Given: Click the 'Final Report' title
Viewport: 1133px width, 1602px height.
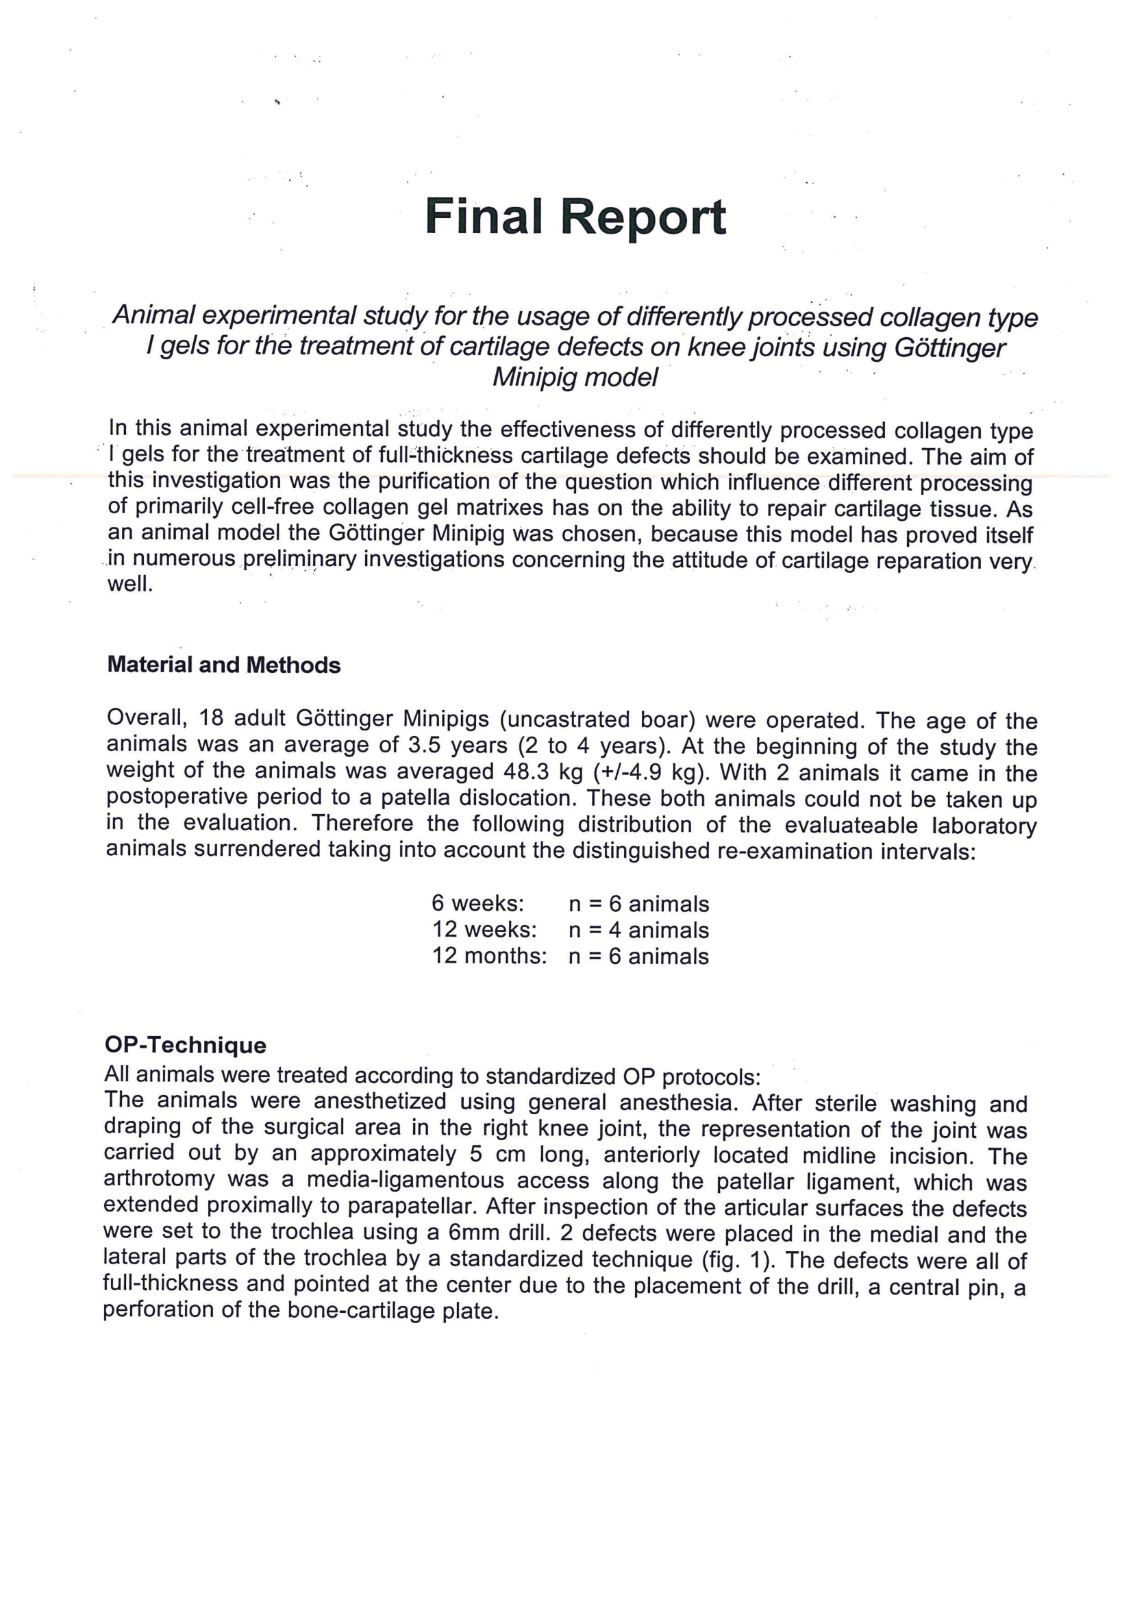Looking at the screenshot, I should coord(575,217).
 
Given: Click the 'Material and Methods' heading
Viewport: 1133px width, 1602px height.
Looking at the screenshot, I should coord(224,665).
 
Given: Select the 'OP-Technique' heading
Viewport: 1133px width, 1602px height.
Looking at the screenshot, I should coord(185,1045).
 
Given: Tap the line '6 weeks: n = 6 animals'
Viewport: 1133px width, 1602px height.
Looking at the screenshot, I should coord(569,904).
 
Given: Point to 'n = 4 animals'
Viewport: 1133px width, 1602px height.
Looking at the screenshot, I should coord(638,930).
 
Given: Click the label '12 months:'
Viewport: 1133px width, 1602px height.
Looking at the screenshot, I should coord(489,956).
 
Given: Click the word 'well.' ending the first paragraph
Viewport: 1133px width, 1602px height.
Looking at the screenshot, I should coord(129,584).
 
